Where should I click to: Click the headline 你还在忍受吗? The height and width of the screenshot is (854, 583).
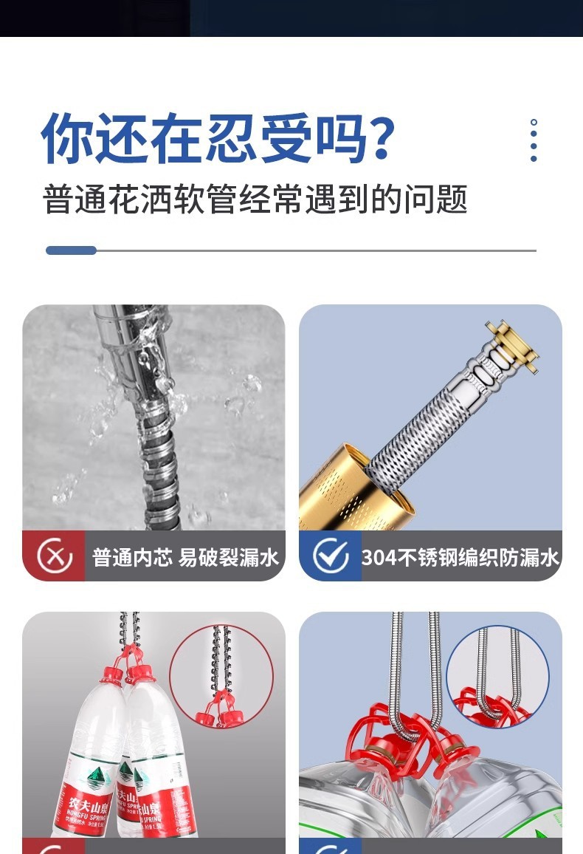click(x=218, y=138)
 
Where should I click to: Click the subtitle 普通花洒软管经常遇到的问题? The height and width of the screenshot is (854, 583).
click(x=255, y=199)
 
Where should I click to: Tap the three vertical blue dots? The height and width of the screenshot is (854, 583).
click(x=534, y=140)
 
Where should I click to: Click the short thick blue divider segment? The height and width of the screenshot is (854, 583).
click(x=71, y=250)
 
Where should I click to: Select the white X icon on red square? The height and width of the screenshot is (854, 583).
click(x=54, y=556)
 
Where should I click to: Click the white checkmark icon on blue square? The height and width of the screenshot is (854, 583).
click(x=330, y=556)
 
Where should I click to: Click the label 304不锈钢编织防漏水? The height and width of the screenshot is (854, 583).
click(x=460, y=557)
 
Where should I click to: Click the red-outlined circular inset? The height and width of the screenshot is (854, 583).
click(x=221, y=676)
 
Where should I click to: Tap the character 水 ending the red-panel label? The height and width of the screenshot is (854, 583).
click(x=270, y=557)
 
